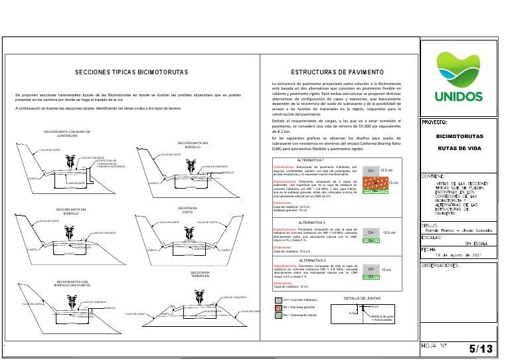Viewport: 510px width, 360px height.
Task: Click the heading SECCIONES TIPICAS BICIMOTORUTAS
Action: click(132, 72)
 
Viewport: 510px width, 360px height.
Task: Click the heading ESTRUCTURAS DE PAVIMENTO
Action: click(338, 72)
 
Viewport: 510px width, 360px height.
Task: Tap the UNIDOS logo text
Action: click(459, 96)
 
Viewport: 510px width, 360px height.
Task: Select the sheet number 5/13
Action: click(481, 349)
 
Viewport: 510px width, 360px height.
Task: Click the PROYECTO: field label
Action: click(435, 123)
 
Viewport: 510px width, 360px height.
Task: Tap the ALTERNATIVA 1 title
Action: click(311, 160)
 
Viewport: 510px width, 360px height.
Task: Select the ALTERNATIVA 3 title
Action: click(311, 260)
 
